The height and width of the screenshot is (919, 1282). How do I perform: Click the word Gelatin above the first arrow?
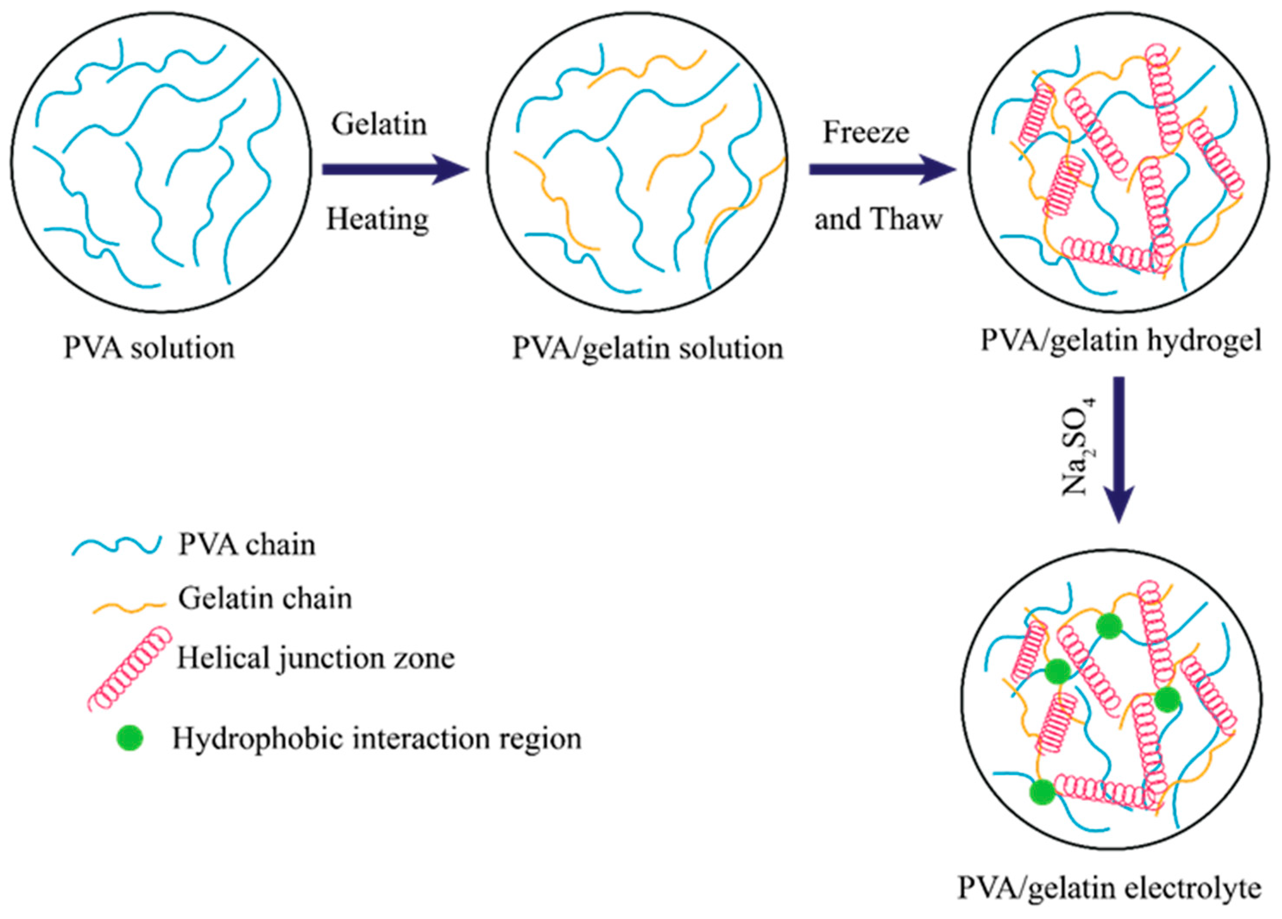[379, 124]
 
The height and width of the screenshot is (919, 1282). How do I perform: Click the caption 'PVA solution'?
[149, 348]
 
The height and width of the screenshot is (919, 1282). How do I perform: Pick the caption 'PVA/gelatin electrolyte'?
[1109, 888]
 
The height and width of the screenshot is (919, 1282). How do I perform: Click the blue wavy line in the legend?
[116, 546]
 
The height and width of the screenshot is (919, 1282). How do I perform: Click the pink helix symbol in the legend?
[130, 668]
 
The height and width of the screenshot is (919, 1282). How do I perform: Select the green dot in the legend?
[129, 738]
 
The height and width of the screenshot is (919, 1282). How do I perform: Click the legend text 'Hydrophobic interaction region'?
[377, 739]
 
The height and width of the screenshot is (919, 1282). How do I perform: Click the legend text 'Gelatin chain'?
[264, 599]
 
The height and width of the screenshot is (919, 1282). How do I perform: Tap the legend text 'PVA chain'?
[247, 545]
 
